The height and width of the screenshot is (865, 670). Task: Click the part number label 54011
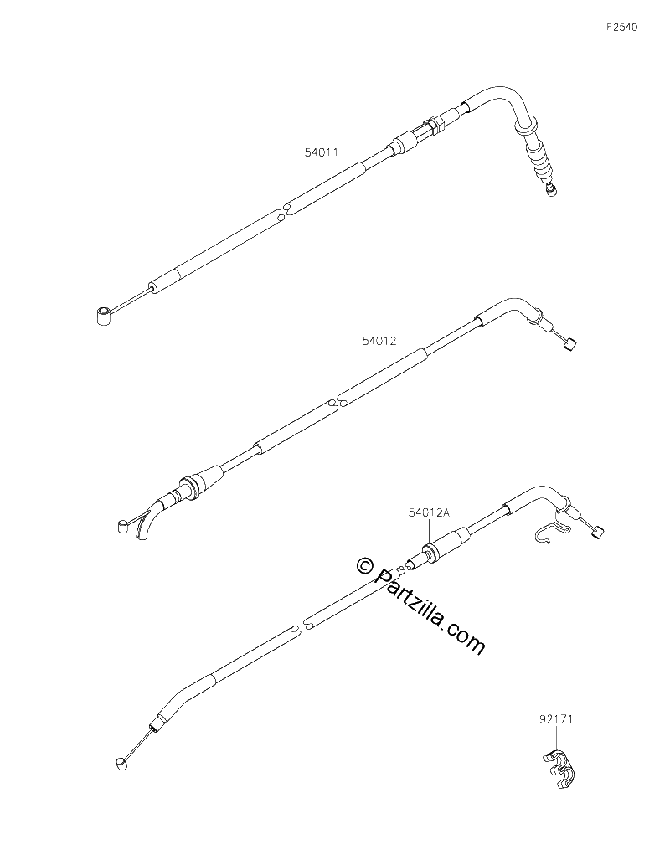322,152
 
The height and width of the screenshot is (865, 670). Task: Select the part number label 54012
379,341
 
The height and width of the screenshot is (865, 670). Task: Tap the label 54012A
430,512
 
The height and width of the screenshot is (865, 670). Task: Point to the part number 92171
556,718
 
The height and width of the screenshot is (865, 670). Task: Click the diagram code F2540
622,28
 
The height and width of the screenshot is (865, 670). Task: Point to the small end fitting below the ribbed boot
550,189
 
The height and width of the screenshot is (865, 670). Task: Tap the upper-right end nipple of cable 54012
569,345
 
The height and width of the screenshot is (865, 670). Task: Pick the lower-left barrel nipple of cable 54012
121,526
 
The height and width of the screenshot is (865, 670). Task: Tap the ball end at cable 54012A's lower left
121,763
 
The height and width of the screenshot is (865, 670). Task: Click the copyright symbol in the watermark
363,564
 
